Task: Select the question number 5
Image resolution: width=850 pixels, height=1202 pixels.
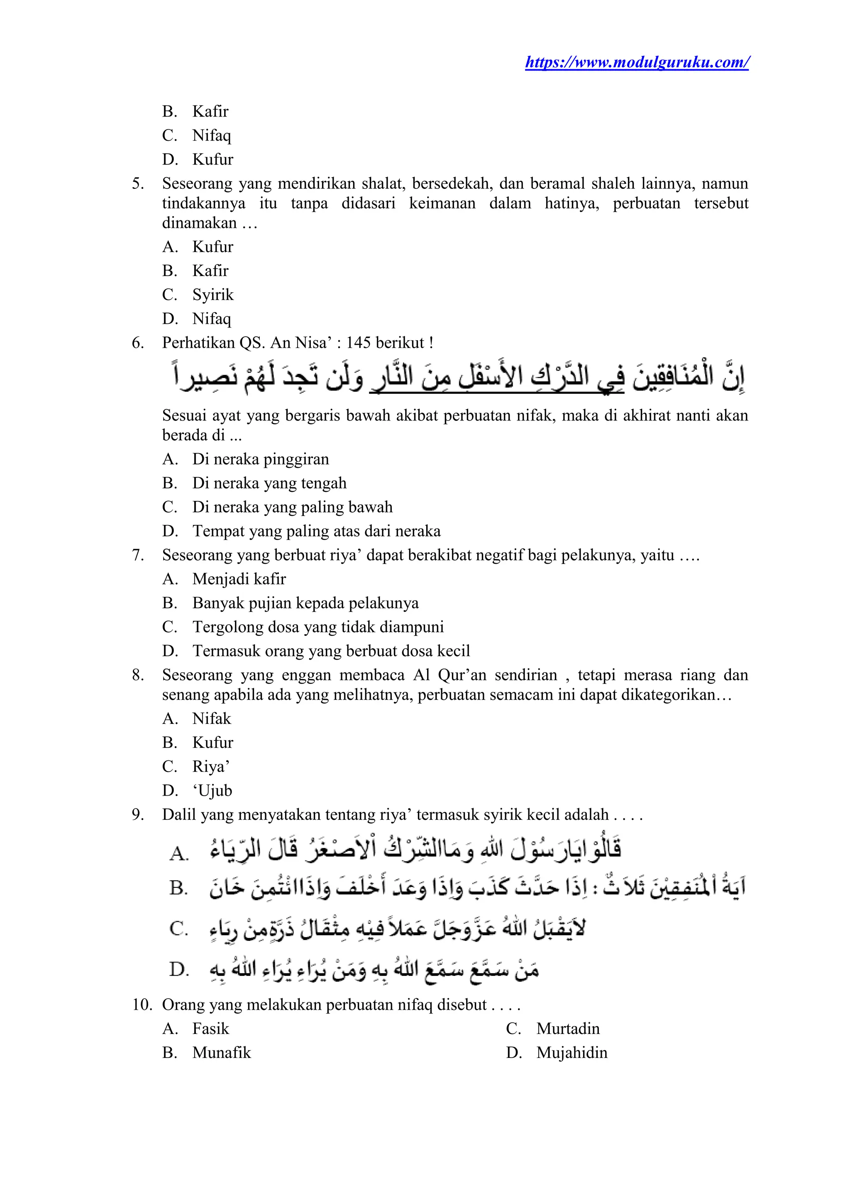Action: click(138, 184)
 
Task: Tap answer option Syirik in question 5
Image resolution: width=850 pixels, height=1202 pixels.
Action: click(212, 295)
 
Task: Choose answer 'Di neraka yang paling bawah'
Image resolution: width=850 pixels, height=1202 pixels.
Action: click(292, 507)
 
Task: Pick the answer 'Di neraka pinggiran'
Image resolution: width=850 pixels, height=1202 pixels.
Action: click(260, 459)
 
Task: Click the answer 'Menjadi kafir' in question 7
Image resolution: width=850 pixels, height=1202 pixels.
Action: click(239, 579)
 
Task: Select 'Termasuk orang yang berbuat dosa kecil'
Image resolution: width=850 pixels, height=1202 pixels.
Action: click(331, 651)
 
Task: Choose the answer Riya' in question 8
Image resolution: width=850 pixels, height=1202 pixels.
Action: click(211, 767)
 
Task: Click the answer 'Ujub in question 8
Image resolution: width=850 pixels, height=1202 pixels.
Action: click(212, 791)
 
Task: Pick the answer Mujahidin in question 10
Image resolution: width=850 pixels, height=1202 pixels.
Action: click(572, 1053)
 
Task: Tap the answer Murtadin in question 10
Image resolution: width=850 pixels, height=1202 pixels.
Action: click(568, 1029)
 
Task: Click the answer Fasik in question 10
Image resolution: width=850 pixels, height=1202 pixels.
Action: click(210, 1029)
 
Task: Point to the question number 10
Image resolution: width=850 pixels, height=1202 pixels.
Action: click(142, 1004)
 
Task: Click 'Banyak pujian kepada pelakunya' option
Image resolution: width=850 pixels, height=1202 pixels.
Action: click(305, 603)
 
